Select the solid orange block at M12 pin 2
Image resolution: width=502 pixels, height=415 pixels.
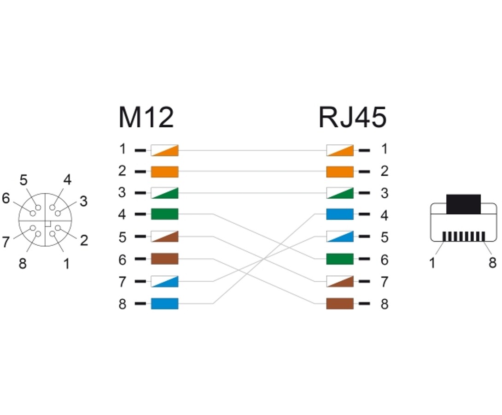(x=164, y=172)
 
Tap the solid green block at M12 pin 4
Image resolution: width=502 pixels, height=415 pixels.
(x=164, y=214)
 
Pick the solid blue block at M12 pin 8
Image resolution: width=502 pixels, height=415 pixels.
(x=164, y=303)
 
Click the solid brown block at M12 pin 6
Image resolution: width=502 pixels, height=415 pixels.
(x=164, y=259)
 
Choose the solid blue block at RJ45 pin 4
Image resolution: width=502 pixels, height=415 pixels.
(x=340, y=214)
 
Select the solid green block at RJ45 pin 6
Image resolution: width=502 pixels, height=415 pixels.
(x=340, y=259)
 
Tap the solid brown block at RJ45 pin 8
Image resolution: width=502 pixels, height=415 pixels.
(x=340, y=303)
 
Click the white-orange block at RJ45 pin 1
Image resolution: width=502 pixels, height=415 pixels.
(x=340, y=150)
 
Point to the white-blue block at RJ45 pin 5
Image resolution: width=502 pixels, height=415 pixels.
(x=340, y=237)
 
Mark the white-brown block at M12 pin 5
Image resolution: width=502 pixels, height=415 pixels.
(x=164, y=237)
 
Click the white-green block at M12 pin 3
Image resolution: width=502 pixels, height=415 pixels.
(x=164, y=193)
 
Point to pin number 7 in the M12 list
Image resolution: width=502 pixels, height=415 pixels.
(x=122, y=281)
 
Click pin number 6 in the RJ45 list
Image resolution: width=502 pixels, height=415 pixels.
(x=384, y=260)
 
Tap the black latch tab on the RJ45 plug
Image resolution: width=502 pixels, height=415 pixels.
(x=463, y=204)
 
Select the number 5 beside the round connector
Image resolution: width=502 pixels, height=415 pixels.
(x=23, y=180)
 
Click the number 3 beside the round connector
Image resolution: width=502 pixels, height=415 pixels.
(x=83, y=201)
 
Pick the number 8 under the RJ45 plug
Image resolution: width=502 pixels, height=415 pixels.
(x=492, y=263)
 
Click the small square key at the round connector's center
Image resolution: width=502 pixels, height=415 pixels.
(x=48, y=223)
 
